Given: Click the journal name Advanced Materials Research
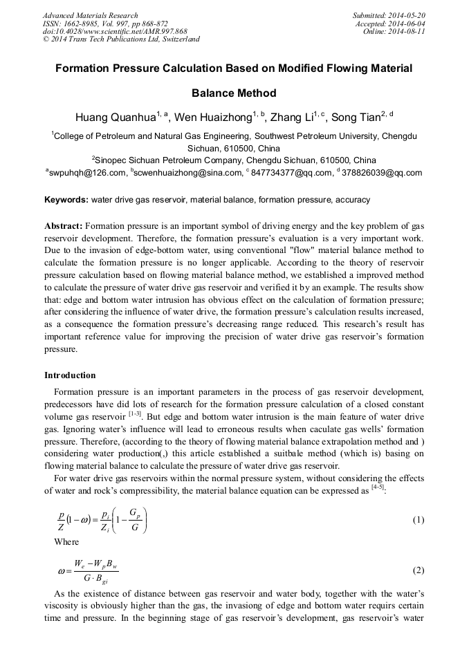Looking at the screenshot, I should (x=90, y=15).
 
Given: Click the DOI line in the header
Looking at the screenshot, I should (x=115, y=31).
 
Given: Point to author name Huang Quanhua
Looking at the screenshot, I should (x=115, y=118).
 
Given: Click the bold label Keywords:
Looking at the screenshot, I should (x=66, y=200).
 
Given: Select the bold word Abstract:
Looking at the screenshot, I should (x=64, y=226).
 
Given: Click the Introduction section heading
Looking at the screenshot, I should (x=70, y=375).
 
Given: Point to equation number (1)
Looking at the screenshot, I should (x=418, y=520).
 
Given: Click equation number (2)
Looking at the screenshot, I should (x=418, y=570).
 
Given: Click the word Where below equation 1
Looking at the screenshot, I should (x=66, y=542).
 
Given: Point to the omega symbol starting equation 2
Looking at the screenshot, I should (x=62, y=571).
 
